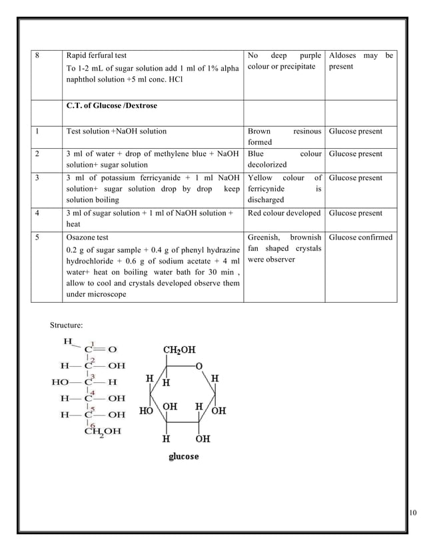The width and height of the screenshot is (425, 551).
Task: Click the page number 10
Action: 412,512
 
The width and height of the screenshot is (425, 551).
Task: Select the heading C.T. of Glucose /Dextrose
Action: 112,105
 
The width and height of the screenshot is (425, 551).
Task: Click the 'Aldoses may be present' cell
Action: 360,61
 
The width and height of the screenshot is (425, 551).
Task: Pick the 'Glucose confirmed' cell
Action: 360,237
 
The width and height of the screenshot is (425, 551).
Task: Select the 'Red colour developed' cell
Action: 284,213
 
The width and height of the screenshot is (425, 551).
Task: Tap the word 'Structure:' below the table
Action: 67,325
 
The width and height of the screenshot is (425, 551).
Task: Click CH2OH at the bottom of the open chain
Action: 103,432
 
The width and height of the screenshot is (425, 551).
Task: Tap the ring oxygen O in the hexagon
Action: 198,366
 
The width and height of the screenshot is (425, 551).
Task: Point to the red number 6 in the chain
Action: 93,424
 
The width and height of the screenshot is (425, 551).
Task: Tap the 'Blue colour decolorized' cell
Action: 284,159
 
